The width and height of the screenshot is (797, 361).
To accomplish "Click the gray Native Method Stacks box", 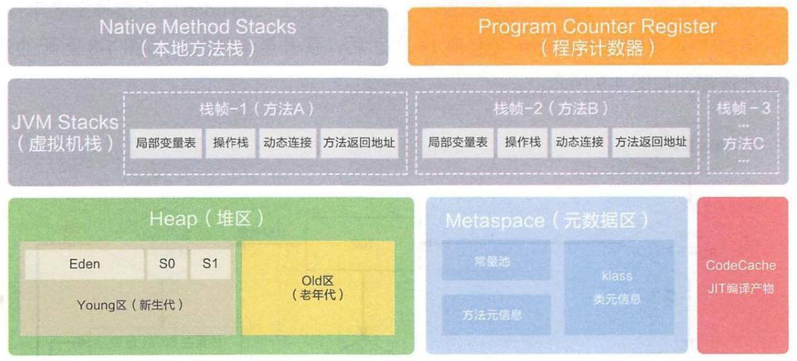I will pyautogui.click(x=198, y=37).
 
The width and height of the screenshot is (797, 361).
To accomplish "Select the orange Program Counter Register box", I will pyautogui.click(x=597, y=37).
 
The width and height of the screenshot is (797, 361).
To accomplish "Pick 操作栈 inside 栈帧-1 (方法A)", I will pyautogui.click(x=230, y=143).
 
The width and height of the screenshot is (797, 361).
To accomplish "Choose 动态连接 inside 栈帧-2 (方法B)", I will pyautogui.click(x=578, y=143).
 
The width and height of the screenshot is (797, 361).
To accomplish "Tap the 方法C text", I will pyautogui.click(x=743, y=143).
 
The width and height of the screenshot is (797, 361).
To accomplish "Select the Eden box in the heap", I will pyautogui.click(x=85, y=265).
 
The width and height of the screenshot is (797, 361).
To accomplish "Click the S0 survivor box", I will pyautogui.click(x=167, y=265).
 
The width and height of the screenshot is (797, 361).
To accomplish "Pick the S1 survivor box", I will pyautogui.click(x=210, y=265).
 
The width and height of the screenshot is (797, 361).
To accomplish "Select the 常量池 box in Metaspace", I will pyautogui.click(x=496, y=261).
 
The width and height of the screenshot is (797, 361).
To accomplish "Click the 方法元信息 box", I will pyautogui.click(x=496, y=315).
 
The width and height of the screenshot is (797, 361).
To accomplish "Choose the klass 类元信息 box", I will pyautogui.click(x=618, y=287).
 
